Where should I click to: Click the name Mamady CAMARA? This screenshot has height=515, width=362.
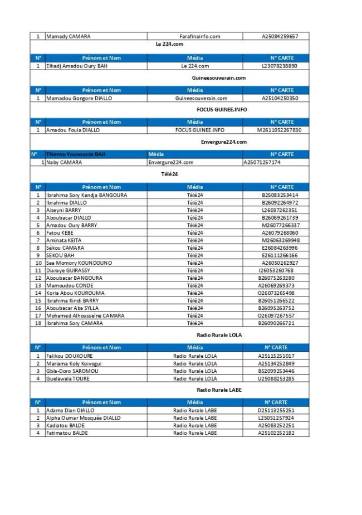pos(68,37)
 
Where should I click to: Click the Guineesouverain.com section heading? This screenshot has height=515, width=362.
pos(218,78)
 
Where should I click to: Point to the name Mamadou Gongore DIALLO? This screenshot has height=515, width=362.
pos(79,98)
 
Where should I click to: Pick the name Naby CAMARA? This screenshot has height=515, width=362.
pos(63,162)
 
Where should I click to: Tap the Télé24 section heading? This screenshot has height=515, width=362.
pos(169,174)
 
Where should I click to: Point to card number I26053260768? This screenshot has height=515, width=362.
pos(276,270)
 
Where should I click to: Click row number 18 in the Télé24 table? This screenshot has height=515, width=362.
pos(38,323)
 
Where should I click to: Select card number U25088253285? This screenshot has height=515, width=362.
pos(276,378)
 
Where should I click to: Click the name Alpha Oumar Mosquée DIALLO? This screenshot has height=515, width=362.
pos(83,417)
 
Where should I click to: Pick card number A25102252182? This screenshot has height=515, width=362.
pos(276,433)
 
